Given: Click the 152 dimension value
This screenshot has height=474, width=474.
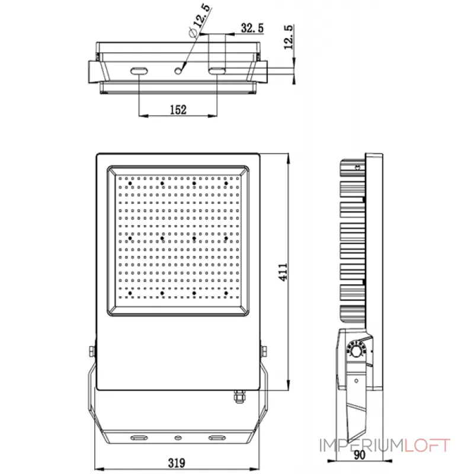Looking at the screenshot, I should click(x=178, y=109).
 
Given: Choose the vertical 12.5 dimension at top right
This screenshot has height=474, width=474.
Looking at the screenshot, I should click(x=289, y=37).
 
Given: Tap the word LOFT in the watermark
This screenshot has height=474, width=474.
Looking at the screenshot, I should click(x=427, y=445).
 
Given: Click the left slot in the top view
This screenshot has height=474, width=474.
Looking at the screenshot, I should click(x=139, y=71).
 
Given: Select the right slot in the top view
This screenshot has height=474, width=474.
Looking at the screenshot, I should click(x=217, y=71).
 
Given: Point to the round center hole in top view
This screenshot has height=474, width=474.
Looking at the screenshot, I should click(x=178, y=71).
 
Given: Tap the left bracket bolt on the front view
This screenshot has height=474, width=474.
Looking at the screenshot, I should click(x=91, y=352).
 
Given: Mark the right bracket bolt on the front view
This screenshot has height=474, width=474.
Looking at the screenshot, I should click(x=263, y=352).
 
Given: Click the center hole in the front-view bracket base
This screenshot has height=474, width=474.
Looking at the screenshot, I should click(x=177, y=438).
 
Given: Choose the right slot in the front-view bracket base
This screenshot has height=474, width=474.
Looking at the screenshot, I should click(x=216, y=438).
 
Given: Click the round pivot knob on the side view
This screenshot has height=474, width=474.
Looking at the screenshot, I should click(x=355, y=352).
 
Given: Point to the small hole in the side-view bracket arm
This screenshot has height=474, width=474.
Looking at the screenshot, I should click(x=357, y=382).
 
